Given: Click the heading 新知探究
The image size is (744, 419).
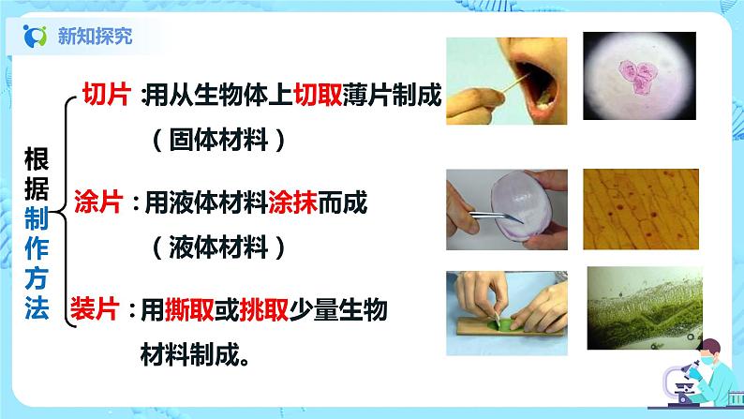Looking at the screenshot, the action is (x=95, y=36).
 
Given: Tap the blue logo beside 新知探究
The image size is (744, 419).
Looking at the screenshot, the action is (x=35, y=36).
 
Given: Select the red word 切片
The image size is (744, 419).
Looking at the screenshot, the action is (x=107, y=94).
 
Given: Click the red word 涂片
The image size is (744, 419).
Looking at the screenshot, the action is (x=98, y=202).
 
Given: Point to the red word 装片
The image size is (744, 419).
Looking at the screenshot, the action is (x=95, y=309).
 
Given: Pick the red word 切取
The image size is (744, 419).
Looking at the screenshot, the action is (x=318, y=95).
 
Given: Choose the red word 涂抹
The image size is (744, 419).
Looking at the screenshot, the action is (x=292, y=202).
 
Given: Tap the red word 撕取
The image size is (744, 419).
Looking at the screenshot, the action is (x=189, y=310).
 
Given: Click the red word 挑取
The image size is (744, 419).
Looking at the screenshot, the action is (x=264, y=310).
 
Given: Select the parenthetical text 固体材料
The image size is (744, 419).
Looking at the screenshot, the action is (x=218, y=140).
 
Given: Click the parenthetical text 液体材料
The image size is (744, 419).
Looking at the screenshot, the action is (x=218, y=247).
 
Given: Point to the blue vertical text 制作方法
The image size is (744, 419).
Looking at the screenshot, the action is (x=37, y=262).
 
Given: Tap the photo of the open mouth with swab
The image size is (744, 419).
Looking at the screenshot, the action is (x=506, y=82).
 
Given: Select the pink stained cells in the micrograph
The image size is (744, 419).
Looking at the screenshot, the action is (x=637, y=76).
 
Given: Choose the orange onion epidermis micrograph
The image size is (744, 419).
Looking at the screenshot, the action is (x=641, y=209).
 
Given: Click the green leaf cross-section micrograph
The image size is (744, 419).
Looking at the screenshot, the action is (x=645, y=308).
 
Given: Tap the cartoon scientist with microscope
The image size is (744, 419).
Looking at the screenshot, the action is (x=696, y=375).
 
